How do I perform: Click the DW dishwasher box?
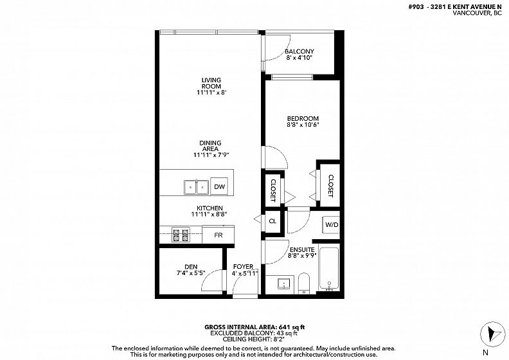[219, 186]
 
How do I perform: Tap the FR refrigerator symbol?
[218, 235]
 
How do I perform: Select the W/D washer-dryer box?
[331, 224]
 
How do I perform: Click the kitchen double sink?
[196, 187]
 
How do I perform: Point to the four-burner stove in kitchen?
[181, 236]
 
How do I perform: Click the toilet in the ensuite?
[304, 283]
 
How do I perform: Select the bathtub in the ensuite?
[329, 269]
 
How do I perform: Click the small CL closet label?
[272, 221]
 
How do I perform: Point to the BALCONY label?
[299, 51]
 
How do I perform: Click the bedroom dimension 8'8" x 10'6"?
[301, 125]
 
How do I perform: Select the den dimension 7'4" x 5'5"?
[191, 273]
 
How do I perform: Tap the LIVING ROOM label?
[211, 83]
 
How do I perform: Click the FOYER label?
[243, 267]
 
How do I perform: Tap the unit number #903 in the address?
[416, 7]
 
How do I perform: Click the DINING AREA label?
[210, 146]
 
